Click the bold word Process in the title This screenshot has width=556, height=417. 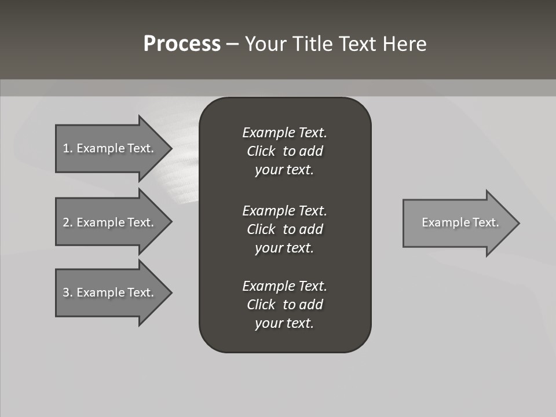(x=182, y=44)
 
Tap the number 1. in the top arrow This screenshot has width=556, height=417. (x=67, y=148)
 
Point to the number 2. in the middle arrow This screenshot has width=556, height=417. (x=67, y=222)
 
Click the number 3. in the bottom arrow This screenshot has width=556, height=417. (x=67, y=292)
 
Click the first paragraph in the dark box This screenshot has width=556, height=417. (x=284, y=151)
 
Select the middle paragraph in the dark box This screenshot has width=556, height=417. (x=284, y=229)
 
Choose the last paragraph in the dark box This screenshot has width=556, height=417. (x=284, y=305)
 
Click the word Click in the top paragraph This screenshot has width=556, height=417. (x=261, y=151)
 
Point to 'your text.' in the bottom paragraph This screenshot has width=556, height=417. (x=284, y=323)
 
